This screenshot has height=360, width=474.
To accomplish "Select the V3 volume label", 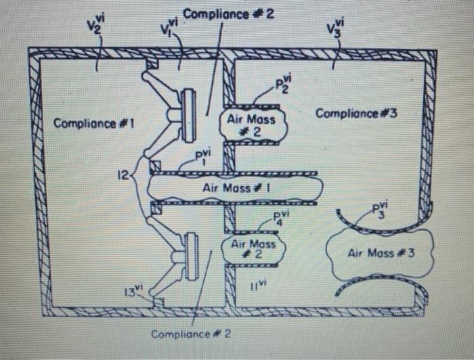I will [x=334, y=28].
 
